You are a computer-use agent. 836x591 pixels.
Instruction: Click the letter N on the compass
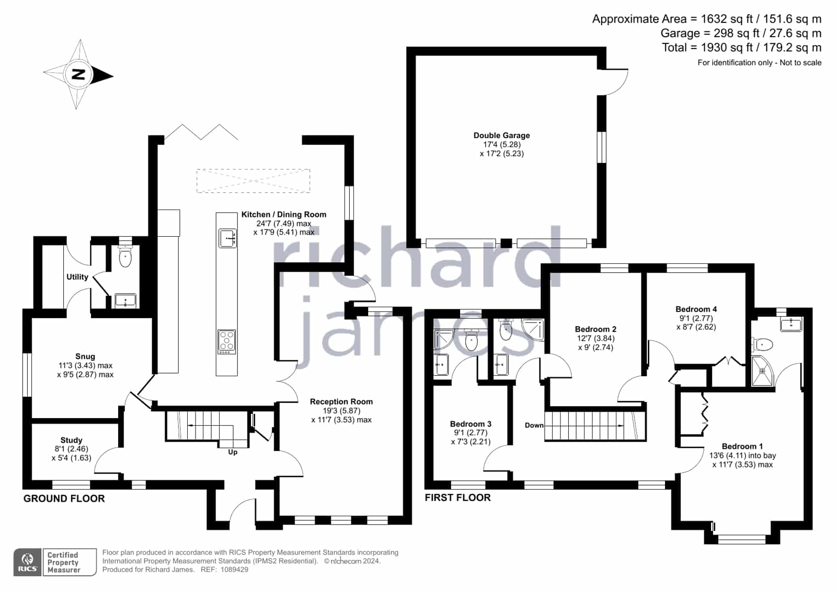tap(78, 75)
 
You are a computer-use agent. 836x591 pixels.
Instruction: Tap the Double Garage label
tap(501, 135)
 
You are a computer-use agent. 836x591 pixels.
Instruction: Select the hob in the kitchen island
tap(226, 342)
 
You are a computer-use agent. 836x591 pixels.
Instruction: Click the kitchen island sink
tap(227, 238)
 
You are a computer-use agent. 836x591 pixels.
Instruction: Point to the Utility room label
tap(77, 277)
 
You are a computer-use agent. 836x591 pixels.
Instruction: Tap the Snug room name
tap(85, 356)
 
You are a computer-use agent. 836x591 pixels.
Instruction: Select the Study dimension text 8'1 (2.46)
tap(71, 449)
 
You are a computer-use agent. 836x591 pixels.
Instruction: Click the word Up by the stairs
tap(233, 452)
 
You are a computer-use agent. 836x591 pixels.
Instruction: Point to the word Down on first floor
tap(534, 425)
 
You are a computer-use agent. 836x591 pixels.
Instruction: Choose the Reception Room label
tap(341, 401)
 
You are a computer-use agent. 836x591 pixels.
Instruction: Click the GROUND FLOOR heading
tap(64, 499)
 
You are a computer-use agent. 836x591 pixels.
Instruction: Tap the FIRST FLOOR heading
tap(457, 497)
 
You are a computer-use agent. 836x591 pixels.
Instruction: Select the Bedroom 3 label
tap(471, 424)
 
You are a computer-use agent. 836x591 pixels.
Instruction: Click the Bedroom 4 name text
tap(696, 309)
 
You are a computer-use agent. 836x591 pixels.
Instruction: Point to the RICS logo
tap(27, 562)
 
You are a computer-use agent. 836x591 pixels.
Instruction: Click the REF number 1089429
tap(234, 570)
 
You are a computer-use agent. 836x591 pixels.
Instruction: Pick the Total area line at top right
tap(741, 48)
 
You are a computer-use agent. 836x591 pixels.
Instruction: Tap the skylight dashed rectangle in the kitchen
tap(253, 181)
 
